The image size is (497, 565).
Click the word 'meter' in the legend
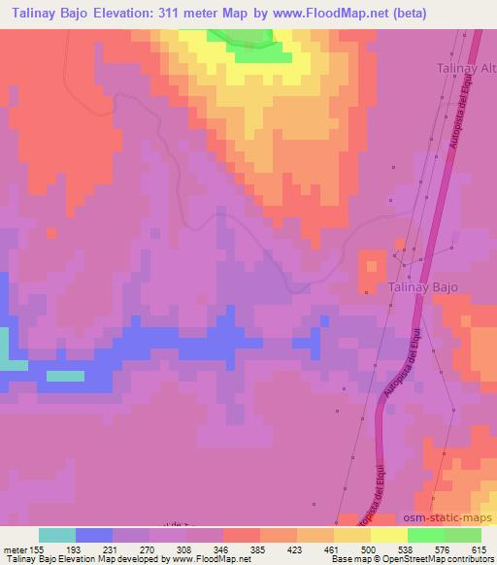(x=15, y=548)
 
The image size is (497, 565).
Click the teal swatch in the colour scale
(x=57, y=535)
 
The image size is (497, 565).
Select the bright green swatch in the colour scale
(x=425, y=535)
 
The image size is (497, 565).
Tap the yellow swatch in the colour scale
(x=351, y=535)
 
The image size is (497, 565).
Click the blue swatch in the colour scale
(x=94, y=535)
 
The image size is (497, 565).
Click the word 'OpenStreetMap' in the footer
(x=413, y=559)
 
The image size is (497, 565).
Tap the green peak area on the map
(x=250, y=41)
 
